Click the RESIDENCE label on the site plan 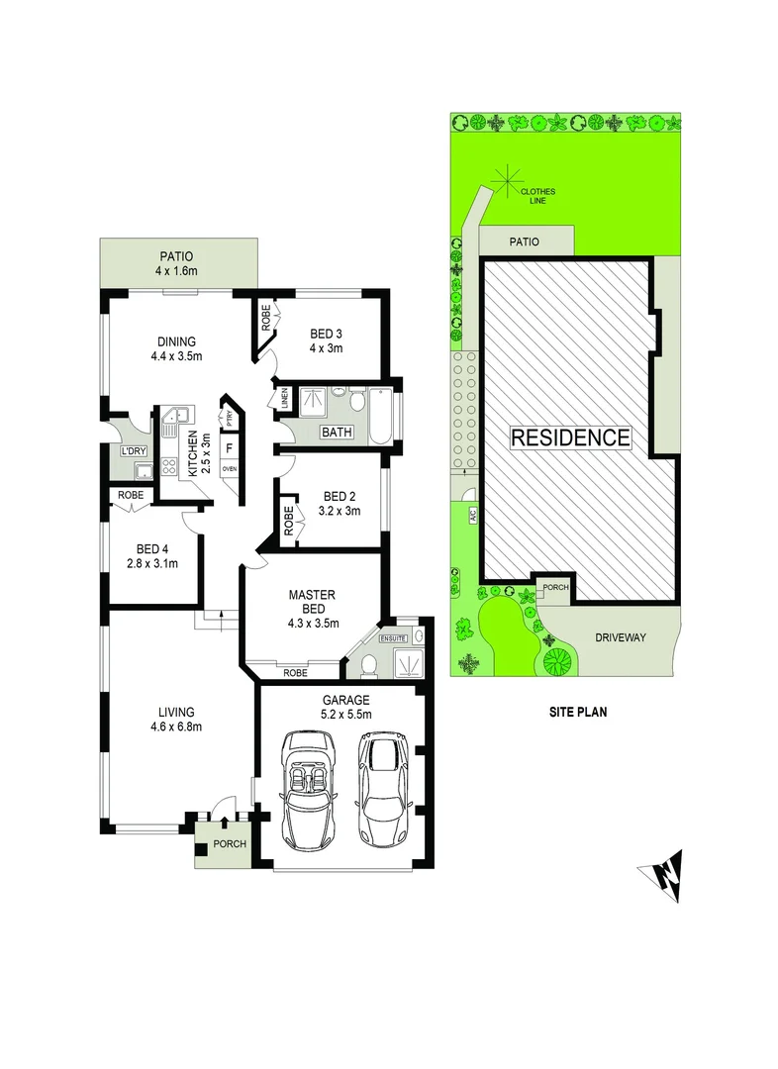tap(569, 437)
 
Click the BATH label tap(337, 433)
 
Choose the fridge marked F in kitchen tap(229, 447)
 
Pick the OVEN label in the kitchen tap(229, 469)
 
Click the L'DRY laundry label tap(133, 451)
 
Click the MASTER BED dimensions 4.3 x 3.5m tap(313, 624)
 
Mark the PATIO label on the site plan tap(524, 240)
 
